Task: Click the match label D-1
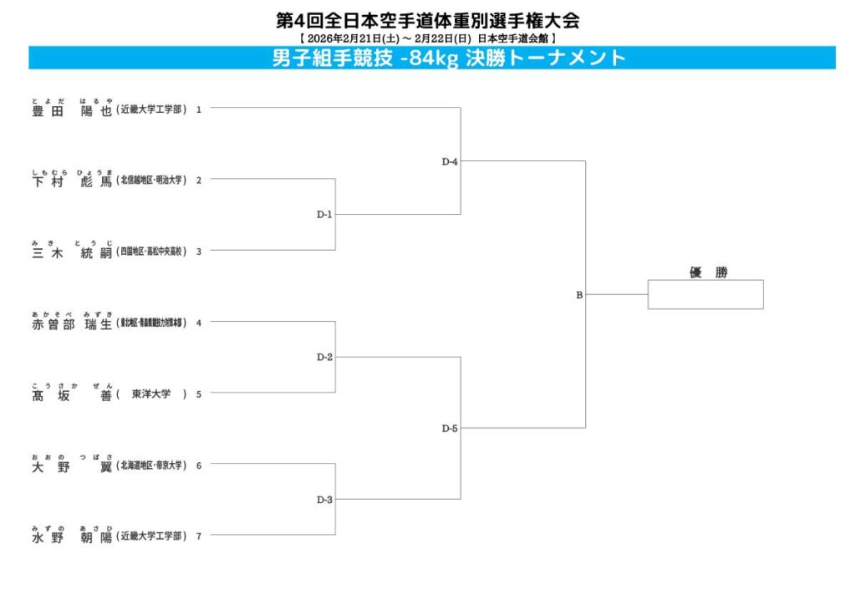click(x=324, y=215)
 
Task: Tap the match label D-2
click(x=324, y=358)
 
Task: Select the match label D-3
click(x=324, y=500)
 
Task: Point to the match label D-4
click(x=450, y=161)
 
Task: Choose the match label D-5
click(x=450, y=429)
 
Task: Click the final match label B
click(x=578, y=295)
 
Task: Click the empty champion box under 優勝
click(x=705, y=294)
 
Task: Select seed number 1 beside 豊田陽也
click(x=199, y=109)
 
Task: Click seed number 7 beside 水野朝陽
click(x=199, y=536)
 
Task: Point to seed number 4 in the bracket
click(x=199, y=323)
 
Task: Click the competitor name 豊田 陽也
click(x=71, y=110)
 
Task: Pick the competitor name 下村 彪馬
click(x=71, y=181)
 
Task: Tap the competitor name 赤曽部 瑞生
click(x=71, y=324)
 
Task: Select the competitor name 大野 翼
click(x=71, y=466)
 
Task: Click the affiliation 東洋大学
click(x=151, y=394)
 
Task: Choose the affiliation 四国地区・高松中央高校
click(x=151, y=252)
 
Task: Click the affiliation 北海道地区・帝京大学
click(x=151, y=465)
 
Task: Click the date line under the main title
click(x=427, y=38)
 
